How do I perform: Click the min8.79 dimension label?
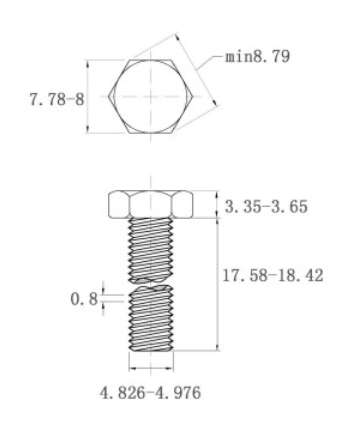[x=258, y=56]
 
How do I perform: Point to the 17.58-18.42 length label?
[x=274, y=275]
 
